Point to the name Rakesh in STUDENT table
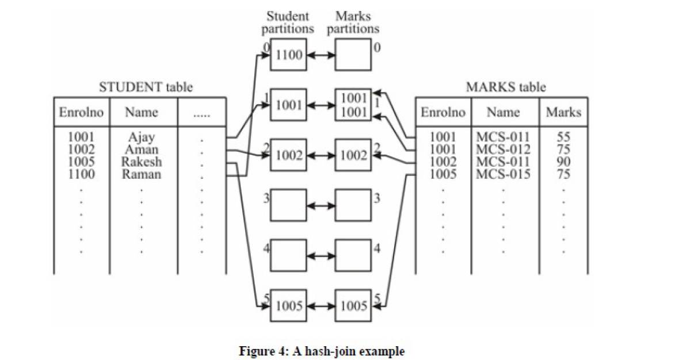(142, 162)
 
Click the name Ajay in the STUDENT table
(142, 137)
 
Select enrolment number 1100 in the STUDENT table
(81, 174)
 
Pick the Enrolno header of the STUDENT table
(81, 113)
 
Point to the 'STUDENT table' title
(146, 87)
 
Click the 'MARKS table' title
(505, 87)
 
